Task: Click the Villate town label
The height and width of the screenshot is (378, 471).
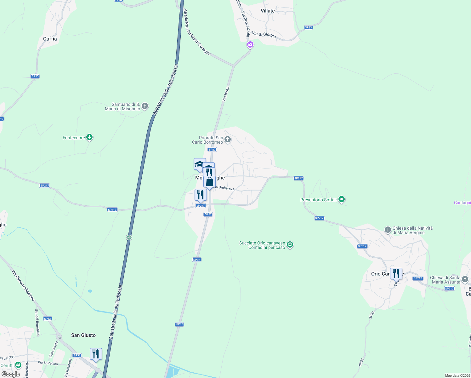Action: (x=268, y=11)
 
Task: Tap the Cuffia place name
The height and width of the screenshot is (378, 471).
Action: (x=50, y=39)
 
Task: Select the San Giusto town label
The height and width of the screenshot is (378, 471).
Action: (x=83, y=335)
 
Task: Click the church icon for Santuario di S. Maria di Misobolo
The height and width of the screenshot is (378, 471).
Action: (x=145, y=106)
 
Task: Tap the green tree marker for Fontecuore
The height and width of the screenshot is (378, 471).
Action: (x=90, y=137)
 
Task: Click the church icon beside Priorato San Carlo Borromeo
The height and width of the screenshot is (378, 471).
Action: (x=228, y=139)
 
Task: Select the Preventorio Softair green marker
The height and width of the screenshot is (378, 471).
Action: (x=342, y=199)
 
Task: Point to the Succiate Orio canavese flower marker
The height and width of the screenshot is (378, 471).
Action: (x=290, y=245)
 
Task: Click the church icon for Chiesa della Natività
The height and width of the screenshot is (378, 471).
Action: (x=388, y=230)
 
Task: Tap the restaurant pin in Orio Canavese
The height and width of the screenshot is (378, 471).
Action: (x=396, y=273)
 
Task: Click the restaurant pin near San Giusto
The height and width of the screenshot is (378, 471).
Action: (x=96, y=354)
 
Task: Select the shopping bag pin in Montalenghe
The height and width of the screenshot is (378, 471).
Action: (x=209, y=182)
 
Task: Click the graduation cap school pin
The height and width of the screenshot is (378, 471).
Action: (x=199, y=164)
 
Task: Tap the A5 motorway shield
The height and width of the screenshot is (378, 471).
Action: (x=129, y=238)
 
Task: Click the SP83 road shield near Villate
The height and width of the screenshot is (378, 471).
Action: (x=308, y=27)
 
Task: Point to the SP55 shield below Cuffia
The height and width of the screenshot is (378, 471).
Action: (x=35, y=76)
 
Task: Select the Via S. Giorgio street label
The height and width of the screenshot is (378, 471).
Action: (x=264, y=35)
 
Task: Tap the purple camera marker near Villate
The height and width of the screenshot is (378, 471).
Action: (x=250, y=45)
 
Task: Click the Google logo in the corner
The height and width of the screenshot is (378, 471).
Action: (x=11, y=374)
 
